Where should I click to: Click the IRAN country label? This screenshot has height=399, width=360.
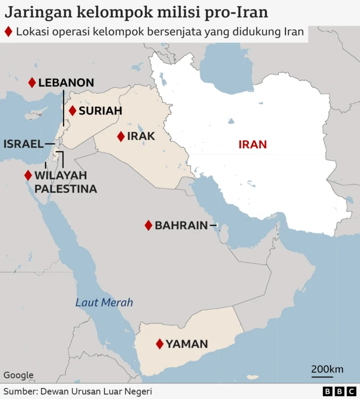pyautogui.click(x=253, y=144)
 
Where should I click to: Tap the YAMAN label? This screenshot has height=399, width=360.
pyautogui.click(x=187, y=344)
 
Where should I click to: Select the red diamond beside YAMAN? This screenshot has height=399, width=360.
pyautogui.click(x=160, y=344)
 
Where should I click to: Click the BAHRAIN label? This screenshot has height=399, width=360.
pyautogui.click(x=181, y=225)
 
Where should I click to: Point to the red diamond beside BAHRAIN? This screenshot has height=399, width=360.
pyautogui.click(x=148, y=225)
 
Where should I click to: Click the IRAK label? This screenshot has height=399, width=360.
pyautogui.click(x=141, y=137)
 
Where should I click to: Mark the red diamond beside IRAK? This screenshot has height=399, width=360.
pyautogui.click(x=120, y=137)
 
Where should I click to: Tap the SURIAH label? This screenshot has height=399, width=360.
pyautogui.click(x=100, y=111)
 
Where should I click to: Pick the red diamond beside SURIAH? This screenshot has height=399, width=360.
pyautogui.click(x=72, y=111)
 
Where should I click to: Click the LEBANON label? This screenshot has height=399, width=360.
pyautogui.click(x=66, y=83)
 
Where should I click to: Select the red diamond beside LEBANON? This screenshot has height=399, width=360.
pyautogui.click(x=32, y=83)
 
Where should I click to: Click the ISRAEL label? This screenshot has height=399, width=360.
pyautogui.click(x=23, y=144)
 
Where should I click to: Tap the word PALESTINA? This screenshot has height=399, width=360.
pyautogui.click(x=66, y=189)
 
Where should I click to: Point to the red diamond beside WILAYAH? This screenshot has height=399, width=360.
pyautogui.click(x=28, y=175)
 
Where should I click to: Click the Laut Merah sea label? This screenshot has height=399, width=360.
pyautogui.click(x=104, y=303)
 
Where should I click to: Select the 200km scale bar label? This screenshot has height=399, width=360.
pyautogui.click(x=327, y=369)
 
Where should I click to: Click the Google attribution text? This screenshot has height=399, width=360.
pyautogui.click(x=19, y=375)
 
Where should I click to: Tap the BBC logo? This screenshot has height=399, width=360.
pyautogui.click(x=340, y=391)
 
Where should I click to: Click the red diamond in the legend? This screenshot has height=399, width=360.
pyautogui.click(x=8, y=32)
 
